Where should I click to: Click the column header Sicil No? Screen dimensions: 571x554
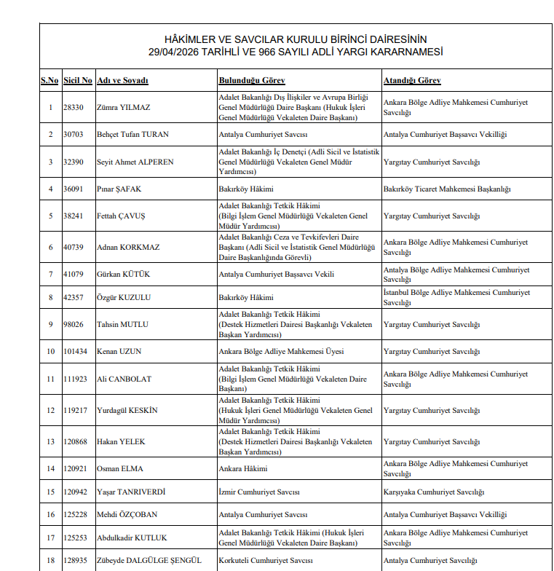coord(77,80)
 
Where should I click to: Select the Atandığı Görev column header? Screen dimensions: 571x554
coord(412,80)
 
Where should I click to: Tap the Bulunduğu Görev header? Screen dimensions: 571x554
coord(252,80)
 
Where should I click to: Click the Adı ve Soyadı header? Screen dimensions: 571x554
coord(122,80)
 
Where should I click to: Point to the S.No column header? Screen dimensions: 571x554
coord(50,80)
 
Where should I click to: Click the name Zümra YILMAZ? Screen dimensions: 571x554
coord(123,108)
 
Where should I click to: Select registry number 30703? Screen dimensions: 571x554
coord(74,135)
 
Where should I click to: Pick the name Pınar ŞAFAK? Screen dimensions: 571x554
coord(119,189)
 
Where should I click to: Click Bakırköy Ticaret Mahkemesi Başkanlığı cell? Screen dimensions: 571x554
coord(447,189)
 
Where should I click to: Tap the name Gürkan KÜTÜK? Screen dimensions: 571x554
coord(123,275)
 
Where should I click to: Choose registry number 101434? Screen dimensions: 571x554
coord(76,352)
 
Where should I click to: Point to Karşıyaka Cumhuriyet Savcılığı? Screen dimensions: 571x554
coord(434,492)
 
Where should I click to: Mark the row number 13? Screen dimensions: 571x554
coord(50,442)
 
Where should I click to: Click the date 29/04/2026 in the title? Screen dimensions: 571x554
coord(173,52)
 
